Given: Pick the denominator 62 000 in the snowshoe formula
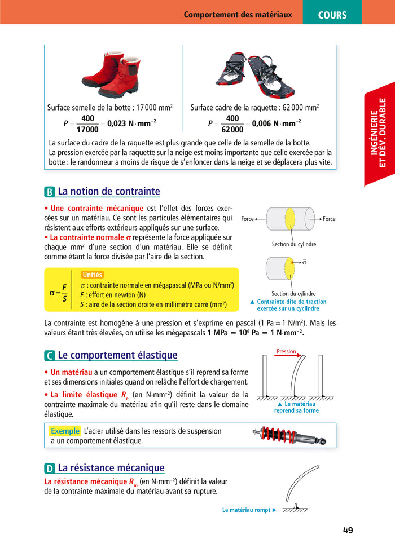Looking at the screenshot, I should click(x=232, y=129).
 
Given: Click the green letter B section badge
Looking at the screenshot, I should click(x=50, y=192).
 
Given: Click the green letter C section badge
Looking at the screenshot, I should click(x=50, y=356).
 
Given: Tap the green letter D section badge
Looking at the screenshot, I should click(x=50, y=469).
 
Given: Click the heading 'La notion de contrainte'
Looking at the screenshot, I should click(x=109, y=192).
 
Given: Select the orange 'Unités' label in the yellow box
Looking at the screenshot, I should click(x=92, y=275).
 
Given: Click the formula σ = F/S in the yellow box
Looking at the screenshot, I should click(x=59, y=293).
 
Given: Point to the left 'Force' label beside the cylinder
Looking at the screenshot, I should click(x=247, y=219).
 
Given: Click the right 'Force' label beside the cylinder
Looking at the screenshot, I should click(x=328, y=219).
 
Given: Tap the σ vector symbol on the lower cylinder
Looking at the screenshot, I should click(x=304, y=262).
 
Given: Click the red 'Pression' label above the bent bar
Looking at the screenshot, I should click(x=286, y=352).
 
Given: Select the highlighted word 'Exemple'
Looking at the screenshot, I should click(x=65, y=431).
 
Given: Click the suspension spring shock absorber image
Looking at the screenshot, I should click(x=289, y=436).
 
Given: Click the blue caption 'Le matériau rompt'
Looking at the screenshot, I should click(x=246, y=510).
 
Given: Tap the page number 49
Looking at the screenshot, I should click(x=348, y=530).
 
